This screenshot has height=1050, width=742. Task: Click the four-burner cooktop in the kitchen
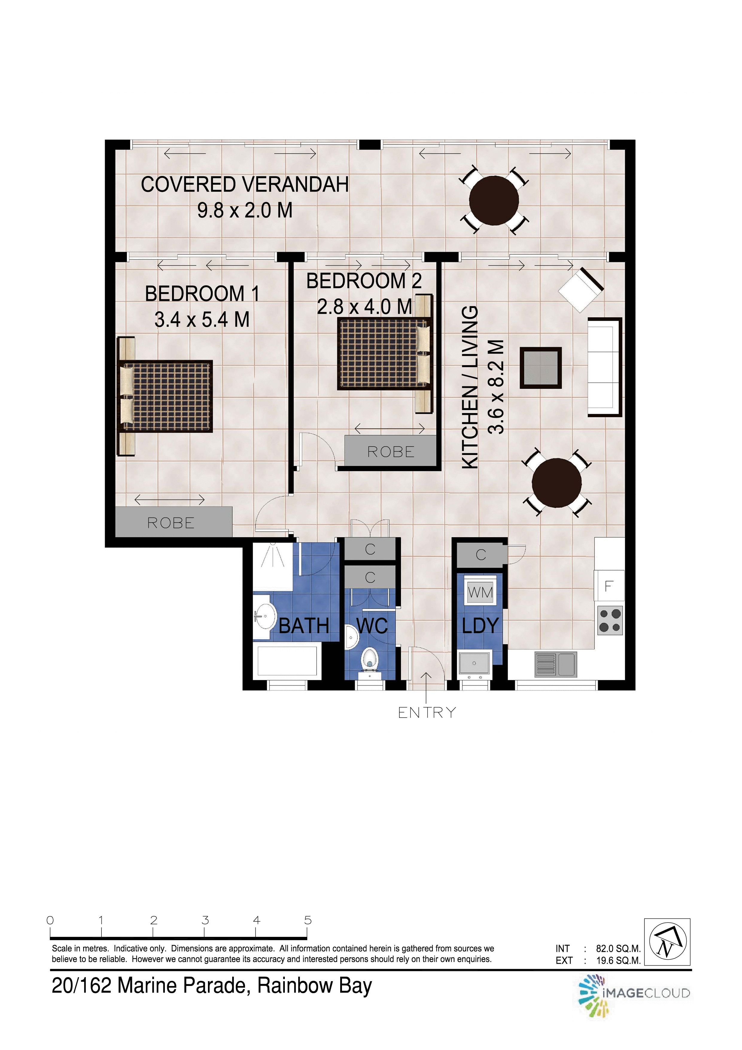(x=610, y=620)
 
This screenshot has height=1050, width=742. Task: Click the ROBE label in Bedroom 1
(x=171, y=523)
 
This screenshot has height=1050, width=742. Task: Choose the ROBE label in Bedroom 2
(x=391, y=452)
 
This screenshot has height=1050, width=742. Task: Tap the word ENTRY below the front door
(x=427, y=712)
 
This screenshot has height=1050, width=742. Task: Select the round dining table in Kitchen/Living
(x=557, y=483)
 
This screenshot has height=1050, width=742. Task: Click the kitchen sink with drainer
(x=556, y=664)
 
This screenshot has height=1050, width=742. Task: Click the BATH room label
(x=304, y=626)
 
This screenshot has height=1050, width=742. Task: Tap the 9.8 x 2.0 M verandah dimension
(x=245, y=210)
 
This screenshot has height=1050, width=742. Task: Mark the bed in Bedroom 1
(x=165, y=396)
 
